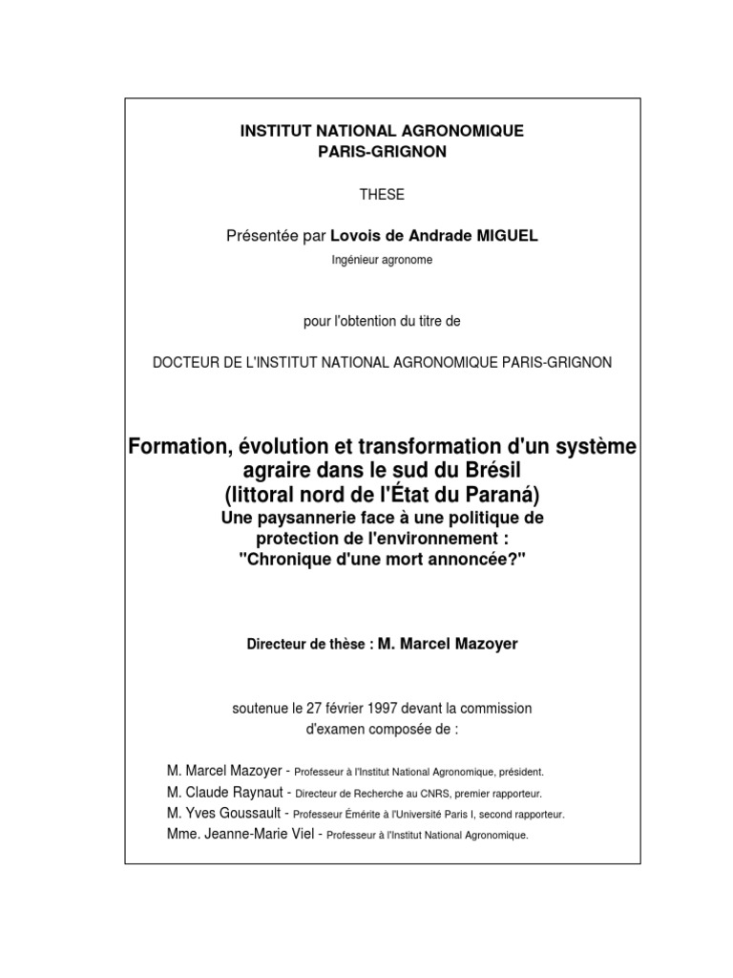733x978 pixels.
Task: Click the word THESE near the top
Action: pos(382,195)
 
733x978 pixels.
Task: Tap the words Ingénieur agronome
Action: pos(382,260)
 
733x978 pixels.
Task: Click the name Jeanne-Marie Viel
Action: pos(258,834)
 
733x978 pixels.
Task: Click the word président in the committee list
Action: pos(518,773)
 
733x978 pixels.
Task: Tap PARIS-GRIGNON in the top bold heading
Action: pos(382,153)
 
